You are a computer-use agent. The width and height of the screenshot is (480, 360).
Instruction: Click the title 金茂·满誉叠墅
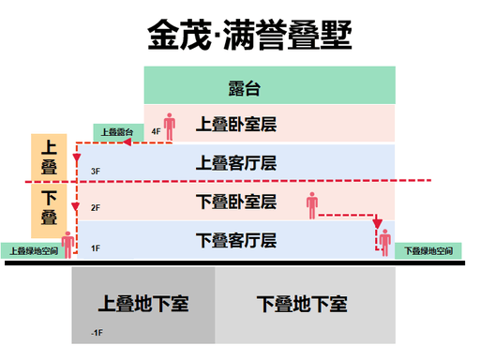(x=249, y=35)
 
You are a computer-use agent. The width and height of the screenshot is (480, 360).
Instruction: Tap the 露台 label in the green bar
(x=244, y=88)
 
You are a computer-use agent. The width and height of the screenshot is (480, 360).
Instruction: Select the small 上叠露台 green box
(x=118, y=132)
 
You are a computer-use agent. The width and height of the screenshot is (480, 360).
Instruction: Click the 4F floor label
(x=156, y=131)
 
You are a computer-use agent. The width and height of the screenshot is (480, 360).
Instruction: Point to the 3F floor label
(x=96, y=172)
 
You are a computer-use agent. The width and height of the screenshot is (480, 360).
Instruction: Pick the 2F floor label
(x=96, y=208)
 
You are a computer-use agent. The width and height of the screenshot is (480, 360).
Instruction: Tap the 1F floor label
(x=96, y=248)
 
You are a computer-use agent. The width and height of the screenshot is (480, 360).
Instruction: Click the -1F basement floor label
(x=97, y=333)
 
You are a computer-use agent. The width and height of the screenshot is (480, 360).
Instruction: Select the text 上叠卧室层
(x=236, y=124)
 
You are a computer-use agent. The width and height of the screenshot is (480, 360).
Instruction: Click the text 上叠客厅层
(x=236, y=163)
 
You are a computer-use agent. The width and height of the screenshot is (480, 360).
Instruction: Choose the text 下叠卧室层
(x=236, y=202)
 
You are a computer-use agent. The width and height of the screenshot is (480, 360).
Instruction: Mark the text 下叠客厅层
(x=236, y=240)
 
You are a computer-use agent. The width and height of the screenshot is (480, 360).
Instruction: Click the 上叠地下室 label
(x=143, y=304)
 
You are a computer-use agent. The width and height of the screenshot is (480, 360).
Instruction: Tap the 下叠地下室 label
(x=302, y=304)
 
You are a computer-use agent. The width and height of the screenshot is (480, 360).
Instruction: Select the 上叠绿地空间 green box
(x=32, y=250)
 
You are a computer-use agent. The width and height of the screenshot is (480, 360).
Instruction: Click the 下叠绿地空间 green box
(x=428, y=250)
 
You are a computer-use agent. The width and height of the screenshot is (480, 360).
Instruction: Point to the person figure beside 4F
(x=170, y=127)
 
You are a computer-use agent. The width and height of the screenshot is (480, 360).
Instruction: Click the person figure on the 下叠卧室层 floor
(x=312, y=205)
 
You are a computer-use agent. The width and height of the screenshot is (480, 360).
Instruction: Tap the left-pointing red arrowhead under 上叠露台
(x=127, y=142)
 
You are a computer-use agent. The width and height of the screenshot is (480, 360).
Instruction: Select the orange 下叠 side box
(x=49, y=211)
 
